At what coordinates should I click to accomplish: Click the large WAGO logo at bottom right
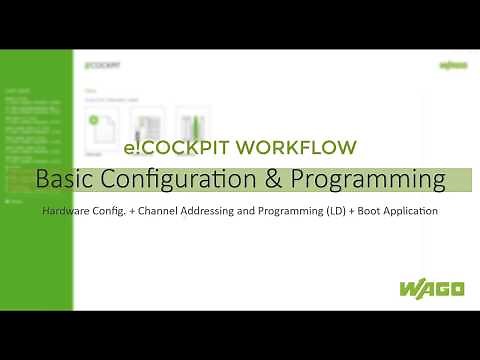[431, 289]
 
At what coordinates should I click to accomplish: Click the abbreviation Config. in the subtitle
[115, 212]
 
